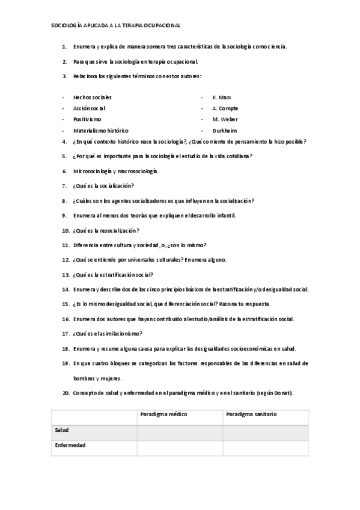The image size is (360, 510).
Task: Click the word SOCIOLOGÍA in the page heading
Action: tap(67, 26)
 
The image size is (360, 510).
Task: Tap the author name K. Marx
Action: tap(222, 97)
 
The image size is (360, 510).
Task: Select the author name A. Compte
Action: tap(225, 108)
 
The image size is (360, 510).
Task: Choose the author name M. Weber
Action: tap(225, 119)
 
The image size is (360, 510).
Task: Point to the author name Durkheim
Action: tap(225, 131)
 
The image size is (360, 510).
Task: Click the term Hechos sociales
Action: tap(92, 97)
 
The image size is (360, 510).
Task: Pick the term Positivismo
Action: tap(87, 119)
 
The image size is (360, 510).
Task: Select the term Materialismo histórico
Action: tap(100, 131)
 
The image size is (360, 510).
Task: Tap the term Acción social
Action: tap(89, 108)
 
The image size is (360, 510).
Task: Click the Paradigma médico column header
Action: tap(163, 415)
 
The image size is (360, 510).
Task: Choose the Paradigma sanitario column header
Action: tap(251, 415)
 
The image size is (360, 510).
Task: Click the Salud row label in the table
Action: tap(61, 431)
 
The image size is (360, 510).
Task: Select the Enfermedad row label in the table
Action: tap(70, 446)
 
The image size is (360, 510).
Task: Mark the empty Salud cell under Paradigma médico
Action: tap(180, 433)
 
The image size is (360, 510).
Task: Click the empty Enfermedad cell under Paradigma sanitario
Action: tap(266, 448)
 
